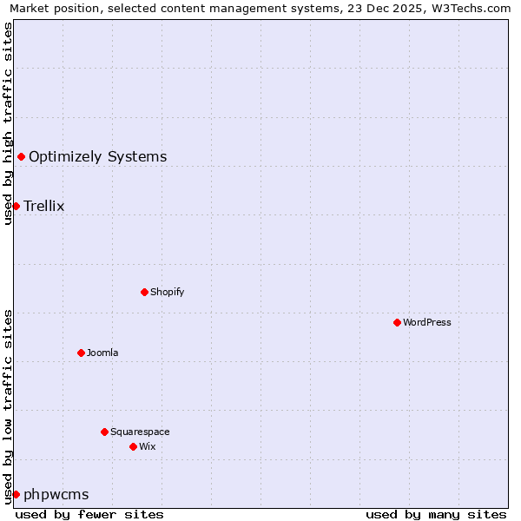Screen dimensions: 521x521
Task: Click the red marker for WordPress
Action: (397, 322)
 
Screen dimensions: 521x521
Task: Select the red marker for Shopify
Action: (144, 292)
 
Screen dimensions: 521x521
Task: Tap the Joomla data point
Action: (81, 353)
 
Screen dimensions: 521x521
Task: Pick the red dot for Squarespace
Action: (104, 432)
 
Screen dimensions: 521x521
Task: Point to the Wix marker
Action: (133, 446)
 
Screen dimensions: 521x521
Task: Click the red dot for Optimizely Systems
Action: (21, 156)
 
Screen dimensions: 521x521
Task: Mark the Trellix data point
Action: (16, 206)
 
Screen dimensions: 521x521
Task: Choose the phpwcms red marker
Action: (16, 494)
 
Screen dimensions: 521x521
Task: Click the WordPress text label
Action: (426, 322)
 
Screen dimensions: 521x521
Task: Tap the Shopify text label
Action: (167, 292)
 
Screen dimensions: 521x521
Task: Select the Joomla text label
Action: (102, 353)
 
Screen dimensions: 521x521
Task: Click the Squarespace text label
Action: (139, 432)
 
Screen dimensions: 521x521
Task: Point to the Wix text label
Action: (147, 446)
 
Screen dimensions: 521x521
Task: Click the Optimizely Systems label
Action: (97, 157)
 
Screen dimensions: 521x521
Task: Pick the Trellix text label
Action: (43, 206)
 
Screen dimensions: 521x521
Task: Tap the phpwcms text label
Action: (56, 495)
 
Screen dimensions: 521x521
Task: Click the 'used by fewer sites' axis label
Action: (89, 514)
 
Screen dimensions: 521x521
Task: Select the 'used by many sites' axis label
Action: (436, 514)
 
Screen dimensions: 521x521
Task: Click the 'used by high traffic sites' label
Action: (8, 123)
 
